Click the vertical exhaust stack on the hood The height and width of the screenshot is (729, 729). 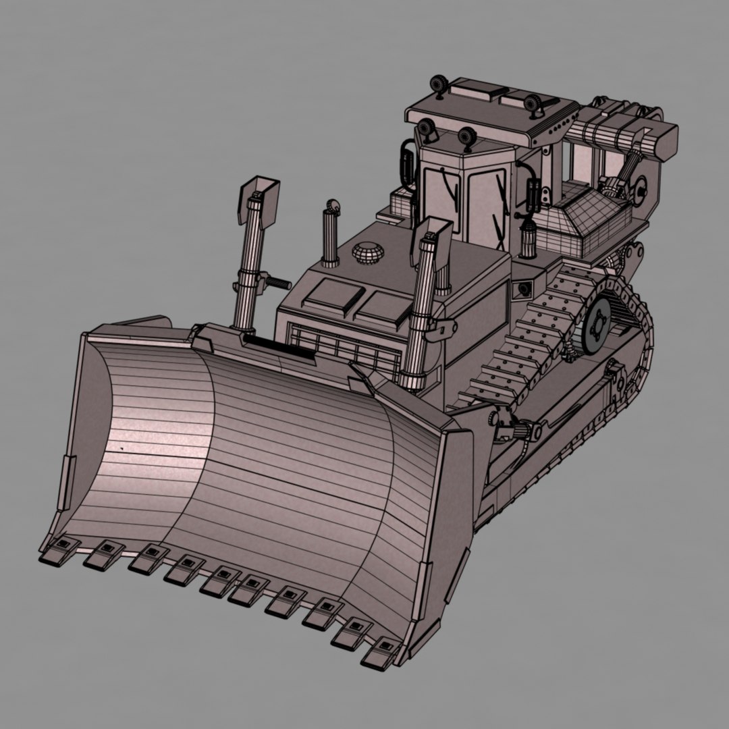click(x=330, y=236)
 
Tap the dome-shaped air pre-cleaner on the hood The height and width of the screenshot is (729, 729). click(x=368, y=253)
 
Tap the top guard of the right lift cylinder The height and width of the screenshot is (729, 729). click(x=435, y=237)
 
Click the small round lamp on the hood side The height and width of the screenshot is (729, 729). click(x=522, y=290)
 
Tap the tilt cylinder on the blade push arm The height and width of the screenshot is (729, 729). click(x=520, y=430)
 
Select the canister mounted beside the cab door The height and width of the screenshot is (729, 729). click(x=529, y=240)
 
